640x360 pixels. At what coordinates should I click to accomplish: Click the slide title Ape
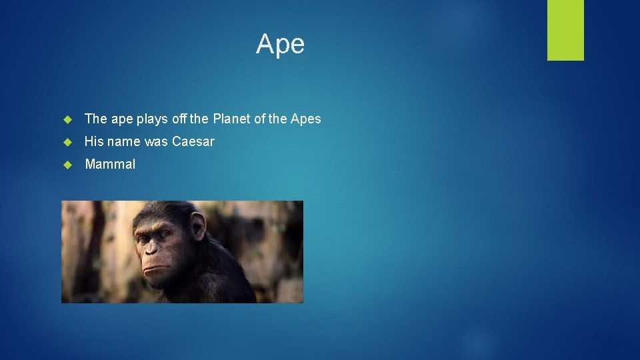[x=280, y=44]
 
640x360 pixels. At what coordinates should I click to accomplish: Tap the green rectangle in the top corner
[x=565, y=30]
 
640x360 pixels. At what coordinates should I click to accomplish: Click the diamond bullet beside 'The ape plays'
[x=67, y=119]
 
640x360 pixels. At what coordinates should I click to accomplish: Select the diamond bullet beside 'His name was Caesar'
[x=67, y=142]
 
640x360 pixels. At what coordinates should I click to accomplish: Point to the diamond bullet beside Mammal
[x=67, y=165]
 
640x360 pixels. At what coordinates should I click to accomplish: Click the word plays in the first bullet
[x=152, y=119]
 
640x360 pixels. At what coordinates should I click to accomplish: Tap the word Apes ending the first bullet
[x=306, y=119]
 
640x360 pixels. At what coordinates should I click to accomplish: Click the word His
[x=95, y=141]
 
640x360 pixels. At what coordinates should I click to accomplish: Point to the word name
[x=125, y=141]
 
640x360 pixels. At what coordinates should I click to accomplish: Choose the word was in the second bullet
[x=157, y=141]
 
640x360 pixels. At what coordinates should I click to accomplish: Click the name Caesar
[x=193, y=141]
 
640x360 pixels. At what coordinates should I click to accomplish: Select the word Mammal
[x=110, y=164]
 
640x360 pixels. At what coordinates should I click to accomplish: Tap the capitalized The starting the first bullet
[x=96, y=119]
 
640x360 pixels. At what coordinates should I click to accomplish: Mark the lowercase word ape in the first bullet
[x=122, y=120]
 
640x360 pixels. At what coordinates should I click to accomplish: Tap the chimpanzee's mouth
[x=155, y=267]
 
